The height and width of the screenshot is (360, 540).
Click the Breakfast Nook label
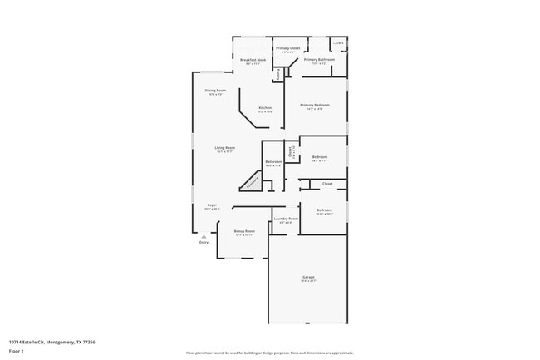(x=253, y=61)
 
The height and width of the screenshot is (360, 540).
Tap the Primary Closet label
(x=288, y=49)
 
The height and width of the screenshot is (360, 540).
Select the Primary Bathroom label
(x=319, y=60)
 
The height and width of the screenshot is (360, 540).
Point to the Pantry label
(x=277, y=74)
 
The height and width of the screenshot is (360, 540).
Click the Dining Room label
(x=215, y=91)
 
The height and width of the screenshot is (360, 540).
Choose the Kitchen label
(x=265, y=108)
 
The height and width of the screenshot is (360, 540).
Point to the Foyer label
(x=212, y=205)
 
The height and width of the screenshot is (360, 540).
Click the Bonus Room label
(x=244, y=231)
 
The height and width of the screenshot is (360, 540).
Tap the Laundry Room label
(x=287, y=219)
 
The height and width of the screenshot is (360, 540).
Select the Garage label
(x=308, y=277)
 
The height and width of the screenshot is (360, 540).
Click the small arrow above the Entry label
(x=203, y=236)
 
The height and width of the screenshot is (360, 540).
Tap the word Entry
(x=204, y=243)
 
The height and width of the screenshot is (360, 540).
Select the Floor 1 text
(x=16, y=352)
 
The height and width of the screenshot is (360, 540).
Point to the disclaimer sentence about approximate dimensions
(x=270, y=353)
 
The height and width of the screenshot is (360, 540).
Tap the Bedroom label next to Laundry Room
(x=324, y=210)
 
